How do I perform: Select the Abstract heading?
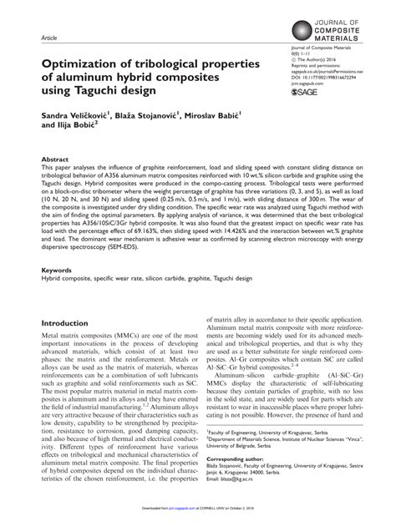click(55, 181)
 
